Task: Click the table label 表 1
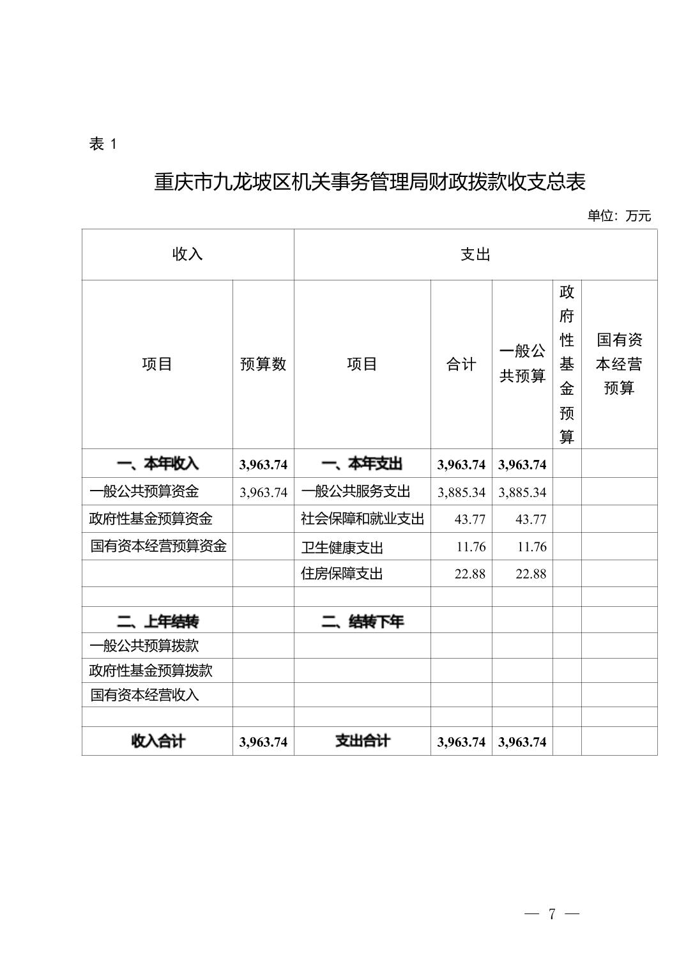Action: [103, 144]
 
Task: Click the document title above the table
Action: [369, 183]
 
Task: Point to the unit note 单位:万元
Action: [618, 216]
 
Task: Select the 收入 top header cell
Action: [187, 254]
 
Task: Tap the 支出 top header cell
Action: [475, 254]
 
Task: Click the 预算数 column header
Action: [263, 364]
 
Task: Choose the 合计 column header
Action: [461, 364]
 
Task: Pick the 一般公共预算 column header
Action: [522, 363]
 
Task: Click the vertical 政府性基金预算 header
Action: [567, 364]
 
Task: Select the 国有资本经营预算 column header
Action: [619, 364]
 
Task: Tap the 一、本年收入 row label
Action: [157, 464]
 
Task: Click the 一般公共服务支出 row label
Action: [355, 491]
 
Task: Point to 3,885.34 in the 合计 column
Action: [461, 493]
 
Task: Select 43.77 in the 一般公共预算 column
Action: [531, 519]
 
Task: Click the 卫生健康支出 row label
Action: [342, 547]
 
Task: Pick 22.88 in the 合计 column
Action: [469, 574]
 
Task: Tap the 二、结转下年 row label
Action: [362, 621]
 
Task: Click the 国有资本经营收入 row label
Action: [144, 695]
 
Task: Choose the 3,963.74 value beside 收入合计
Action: [263, 742]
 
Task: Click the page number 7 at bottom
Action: [552, 914]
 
